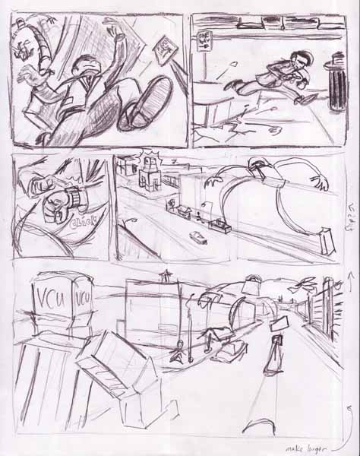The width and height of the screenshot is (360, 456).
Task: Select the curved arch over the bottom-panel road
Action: tap(251, 307)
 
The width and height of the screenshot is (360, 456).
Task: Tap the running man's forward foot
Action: tap(231, 84)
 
